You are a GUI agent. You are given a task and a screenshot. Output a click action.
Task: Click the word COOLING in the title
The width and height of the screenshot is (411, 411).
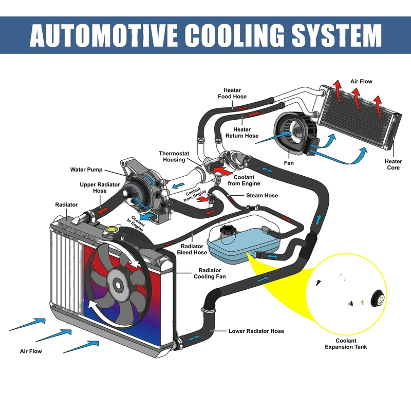(x=235, y=35)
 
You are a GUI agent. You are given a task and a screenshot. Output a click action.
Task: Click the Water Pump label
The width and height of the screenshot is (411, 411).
(x=86, y=170)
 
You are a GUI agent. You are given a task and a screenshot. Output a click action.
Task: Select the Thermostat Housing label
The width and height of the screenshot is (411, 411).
(x=174, y=157)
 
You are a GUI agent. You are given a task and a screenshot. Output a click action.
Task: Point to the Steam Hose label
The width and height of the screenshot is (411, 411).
(x=262, y=195)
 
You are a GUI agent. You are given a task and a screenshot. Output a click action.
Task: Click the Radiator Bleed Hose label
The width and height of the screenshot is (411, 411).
(x=192, y=249)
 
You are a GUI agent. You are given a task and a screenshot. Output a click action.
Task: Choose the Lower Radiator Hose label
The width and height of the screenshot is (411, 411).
(x=256, y=331)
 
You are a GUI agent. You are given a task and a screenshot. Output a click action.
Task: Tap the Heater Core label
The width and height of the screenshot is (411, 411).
(x=393, y=164)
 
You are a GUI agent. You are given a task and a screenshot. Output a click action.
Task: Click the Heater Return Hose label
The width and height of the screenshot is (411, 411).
(x=242, y=133)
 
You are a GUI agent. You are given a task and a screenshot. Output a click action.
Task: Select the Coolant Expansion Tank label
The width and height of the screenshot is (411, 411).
(x=346, y=344)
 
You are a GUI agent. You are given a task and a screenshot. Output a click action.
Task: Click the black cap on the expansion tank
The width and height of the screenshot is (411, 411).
(x=227, y=231)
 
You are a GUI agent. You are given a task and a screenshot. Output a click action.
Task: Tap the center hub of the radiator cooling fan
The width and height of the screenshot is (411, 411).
(x=118, y=285)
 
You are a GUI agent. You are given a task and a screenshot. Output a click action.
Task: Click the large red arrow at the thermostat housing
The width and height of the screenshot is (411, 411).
(x=223, y=171)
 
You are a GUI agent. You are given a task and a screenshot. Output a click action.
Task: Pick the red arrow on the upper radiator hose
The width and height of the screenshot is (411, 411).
(x=103, y=211)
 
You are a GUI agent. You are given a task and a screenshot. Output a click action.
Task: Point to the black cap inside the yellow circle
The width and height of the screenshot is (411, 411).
(x=378, y=298)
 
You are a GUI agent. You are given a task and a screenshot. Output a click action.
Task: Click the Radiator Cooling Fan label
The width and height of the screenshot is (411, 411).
(x=210, y=273)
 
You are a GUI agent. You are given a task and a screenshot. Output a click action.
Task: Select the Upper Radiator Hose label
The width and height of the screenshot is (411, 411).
(x=100, y=188)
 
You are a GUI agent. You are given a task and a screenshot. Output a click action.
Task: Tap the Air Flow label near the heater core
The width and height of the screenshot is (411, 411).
(x=361, y=82)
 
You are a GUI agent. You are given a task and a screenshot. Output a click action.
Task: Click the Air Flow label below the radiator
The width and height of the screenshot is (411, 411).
(x=31, y=351)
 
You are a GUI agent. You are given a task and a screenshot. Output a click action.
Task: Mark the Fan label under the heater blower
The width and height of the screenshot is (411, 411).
(x=289, y=163)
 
